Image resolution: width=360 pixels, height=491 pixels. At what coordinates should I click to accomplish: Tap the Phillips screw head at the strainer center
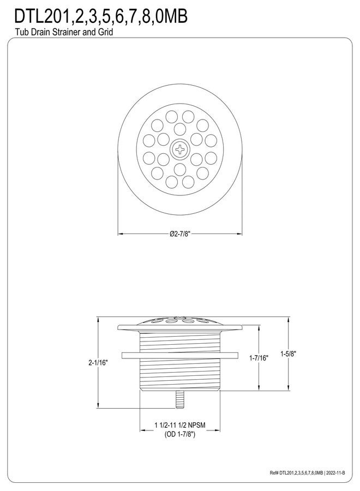(x=180, y=147)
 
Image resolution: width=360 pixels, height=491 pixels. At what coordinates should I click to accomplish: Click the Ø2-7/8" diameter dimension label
(x=180, y=234)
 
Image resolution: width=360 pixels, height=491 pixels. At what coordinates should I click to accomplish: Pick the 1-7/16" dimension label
(x=259, y=358)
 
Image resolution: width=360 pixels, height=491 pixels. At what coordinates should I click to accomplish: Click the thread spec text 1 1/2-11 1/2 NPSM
(x=180, y=425)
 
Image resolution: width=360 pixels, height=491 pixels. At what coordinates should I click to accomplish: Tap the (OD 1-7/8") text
(x=180, y=434)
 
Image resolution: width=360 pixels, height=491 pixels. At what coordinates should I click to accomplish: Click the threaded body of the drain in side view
(x=180, y=376)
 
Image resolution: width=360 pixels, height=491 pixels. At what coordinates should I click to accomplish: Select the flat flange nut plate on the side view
(x=180, y=355)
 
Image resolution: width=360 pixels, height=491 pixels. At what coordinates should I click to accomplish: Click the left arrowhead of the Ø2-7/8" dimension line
(x=121, y=234)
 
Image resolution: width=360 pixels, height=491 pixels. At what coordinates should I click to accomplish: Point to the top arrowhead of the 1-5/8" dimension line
(x=288, y=318)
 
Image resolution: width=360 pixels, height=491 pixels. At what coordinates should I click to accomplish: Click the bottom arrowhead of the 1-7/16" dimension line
(x=259, y=389)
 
